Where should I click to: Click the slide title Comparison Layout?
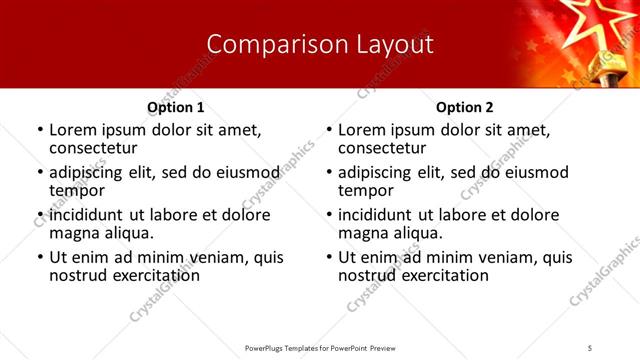320,44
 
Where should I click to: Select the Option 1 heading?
175,107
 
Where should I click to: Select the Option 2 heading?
465,107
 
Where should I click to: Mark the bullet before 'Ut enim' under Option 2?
328,257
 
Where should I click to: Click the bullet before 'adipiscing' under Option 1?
39,172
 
